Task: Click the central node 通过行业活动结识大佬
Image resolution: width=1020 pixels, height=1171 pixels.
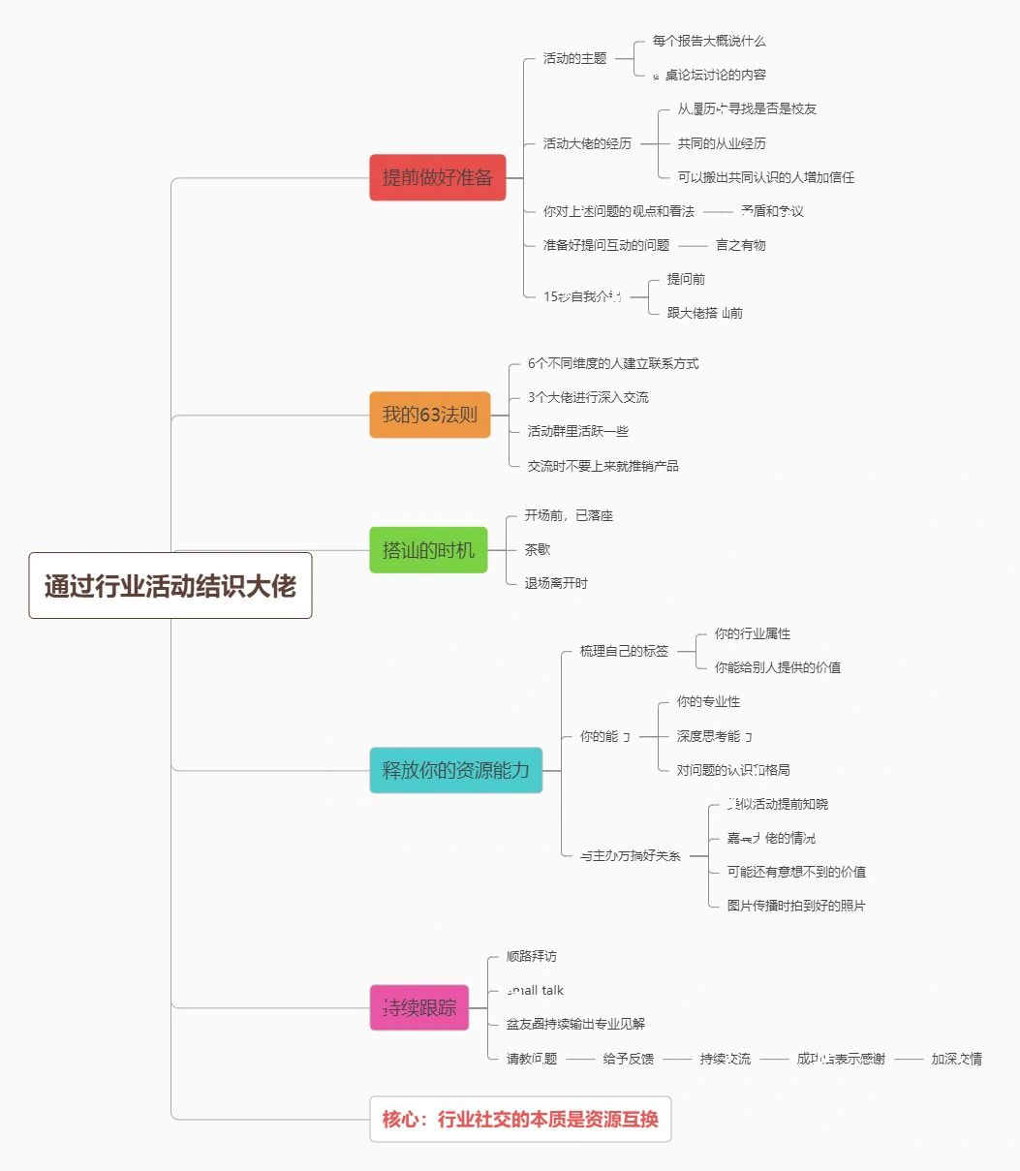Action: [x=170, y=586]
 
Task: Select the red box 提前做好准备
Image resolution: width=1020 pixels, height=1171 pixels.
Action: [x=438, y=177]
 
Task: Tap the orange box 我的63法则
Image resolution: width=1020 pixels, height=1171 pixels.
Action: [x=430, y=415]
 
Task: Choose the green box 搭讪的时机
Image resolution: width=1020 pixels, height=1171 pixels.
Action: [x=428, y=550]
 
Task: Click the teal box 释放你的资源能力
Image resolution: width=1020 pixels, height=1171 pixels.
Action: [x=455, y=770]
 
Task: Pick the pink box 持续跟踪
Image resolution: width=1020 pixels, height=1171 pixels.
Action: [x=419, y=1007]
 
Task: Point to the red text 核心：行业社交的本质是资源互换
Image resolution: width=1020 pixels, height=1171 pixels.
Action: [x=520, y=1120]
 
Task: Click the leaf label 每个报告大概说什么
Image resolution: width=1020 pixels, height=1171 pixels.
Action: [x=709, y=41]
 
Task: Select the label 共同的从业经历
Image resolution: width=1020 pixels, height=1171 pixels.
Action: [x=722, y=143]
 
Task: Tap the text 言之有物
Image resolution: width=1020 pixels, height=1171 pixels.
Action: [x=741, y=245]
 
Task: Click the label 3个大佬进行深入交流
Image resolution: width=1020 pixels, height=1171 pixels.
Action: [x=589, y=397]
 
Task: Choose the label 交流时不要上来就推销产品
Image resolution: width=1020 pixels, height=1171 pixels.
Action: [x=603, y=466]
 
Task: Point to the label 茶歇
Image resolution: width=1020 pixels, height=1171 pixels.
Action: [x=538, y=549]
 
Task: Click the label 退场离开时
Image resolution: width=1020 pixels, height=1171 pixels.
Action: [x=556, y=583]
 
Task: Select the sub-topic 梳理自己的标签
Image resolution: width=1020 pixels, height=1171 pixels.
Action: [x=624, y=651]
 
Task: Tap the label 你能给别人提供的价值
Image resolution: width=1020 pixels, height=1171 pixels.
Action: [x=778, y=667]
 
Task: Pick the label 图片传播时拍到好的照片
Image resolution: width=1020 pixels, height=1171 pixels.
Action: [x=796, y=906]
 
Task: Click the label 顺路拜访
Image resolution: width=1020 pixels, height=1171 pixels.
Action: [x=532, y=956]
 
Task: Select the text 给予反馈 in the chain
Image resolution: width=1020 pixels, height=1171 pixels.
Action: [x=628, y=1059]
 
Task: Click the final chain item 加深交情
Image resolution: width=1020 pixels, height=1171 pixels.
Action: [x=957, y=1059]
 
